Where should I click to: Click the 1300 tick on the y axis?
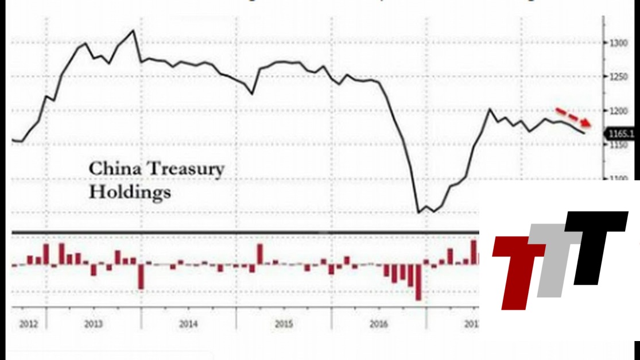click(x=618, y=42)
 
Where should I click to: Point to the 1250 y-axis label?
click(x=618, y=77)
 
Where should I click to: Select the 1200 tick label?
click(x=618, y=111)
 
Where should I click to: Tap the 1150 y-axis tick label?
click(x=618, y=145)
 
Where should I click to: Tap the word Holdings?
click(x=129, y=192)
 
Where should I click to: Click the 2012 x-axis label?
click(x=28, y=324)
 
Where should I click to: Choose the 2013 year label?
click(x=94, y=324)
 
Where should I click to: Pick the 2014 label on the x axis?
click(x=188, y=324)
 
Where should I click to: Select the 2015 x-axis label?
click(x=284, y=324)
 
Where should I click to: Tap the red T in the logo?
click(x=518, y=270)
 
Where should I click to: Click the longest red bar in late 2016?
click(x=418, y=283)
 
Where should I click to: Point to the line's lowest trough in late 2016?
click(x=418, y=213)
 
